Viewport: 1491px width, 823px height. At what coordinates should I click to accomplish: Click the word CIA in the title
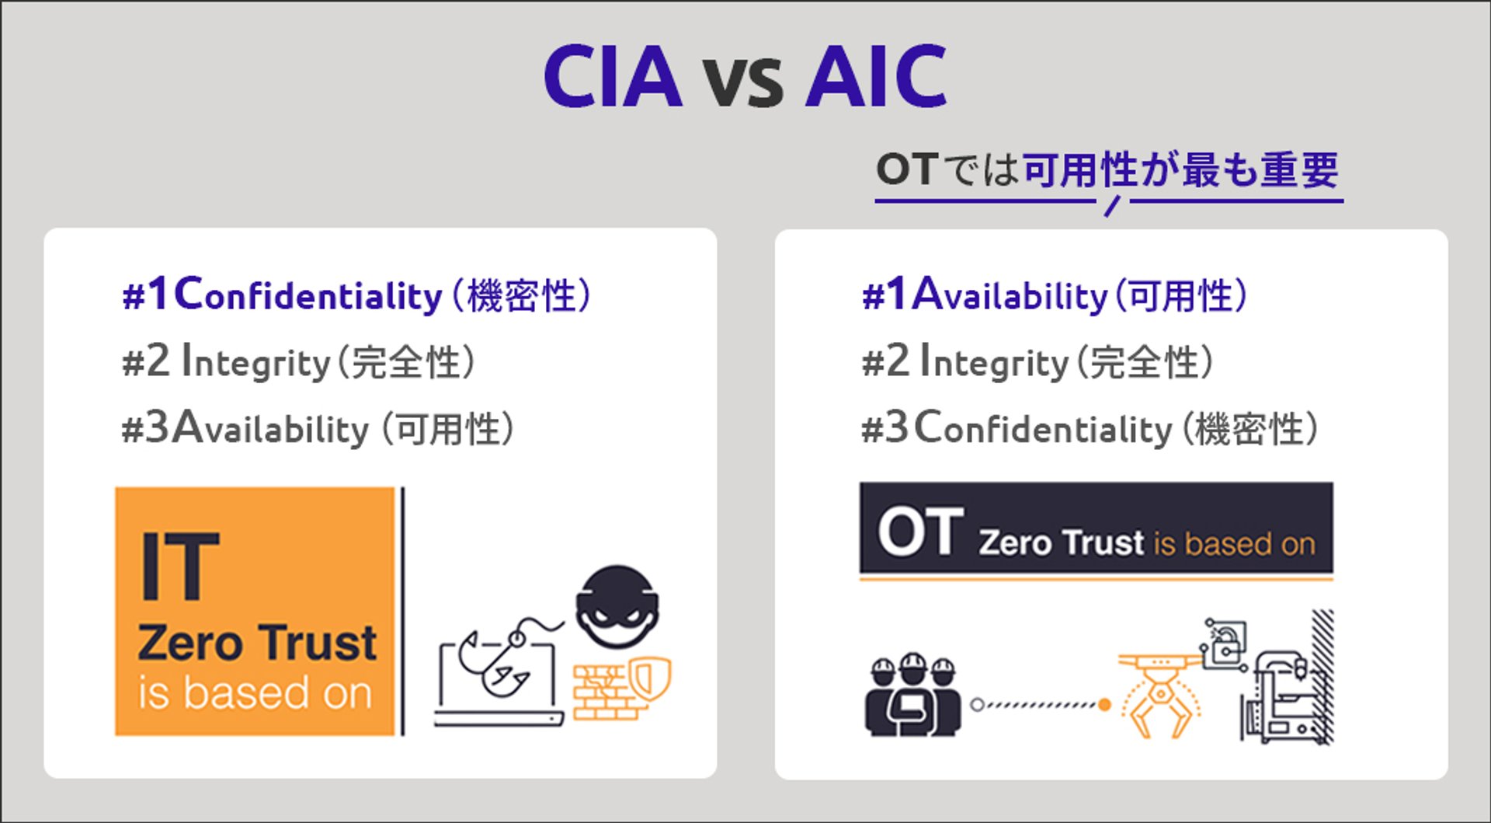click(x=613, y=76)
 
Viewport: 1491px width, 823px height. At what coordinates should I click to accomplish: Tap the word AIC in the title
click(x=877, y=76)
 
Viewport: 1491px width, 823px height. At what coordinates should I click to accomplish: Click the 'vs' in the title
click(x=743, y=82)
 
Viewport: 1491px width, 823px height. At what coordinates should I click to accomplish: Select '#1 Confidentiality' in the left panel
click(x=282, y=295)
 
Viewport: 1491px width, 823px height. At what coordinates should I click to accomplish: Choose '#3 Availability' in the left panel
click(x=245, y=427)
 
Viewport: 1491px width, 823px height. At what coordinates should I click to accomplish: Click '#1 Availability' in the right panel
click(x=985, y=295)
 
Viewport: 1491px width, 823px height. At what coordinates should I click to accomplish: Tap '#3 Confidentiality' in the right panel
click(x=1017, y=427)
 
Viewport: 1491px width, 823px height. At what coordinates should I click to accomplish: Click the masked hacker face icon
click(x=618, y=606)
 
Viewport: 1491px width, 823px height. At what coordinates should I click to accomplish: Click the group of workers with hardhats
click(x=913, y=695)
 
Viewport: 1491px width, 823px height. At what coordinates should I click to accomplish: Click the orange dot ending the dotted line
click(x=1104, y=705)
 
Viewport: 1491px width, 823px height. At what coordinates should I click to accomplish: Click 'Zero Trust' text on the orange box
click(x=257, y=643)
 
